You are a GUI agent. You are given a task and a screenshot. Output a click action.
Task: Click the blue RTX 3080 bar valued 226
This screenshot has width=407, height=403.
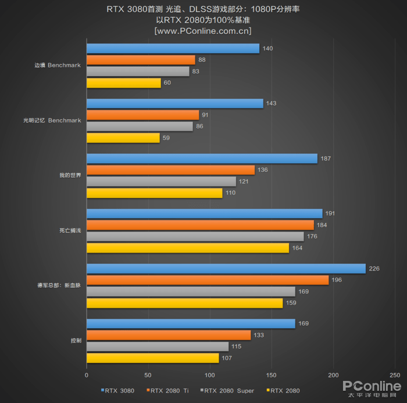(226, 268)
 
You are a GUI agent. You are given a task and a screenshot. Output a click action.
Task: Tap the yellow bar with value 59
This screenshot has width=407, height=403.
(123, 138)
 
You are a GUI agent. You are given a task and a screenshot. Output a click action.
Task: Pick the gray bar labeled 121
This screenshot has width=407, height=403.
(161, 182)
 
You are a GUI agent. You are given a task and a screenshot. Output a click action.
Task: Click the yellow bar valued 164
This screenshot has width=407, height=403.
(187, 248)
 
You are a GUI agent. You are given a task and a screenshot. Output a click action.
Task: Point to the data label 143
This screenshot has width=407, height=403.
(271, 103)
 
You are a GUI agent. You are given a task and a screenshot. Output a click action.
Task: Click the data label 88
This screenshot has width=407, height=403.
(202, 60)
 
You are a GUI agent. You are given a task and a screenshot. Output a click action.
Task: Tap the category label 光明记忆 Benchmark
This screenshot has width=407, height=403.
(52, 121)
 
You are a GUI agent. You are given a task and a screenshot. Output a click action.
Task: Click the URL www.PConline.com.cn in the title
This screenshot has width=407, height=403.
(203, 30)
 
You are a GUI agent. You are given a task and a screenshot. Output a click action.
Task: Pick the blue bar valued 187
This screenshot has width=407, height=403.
(202, 159)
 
